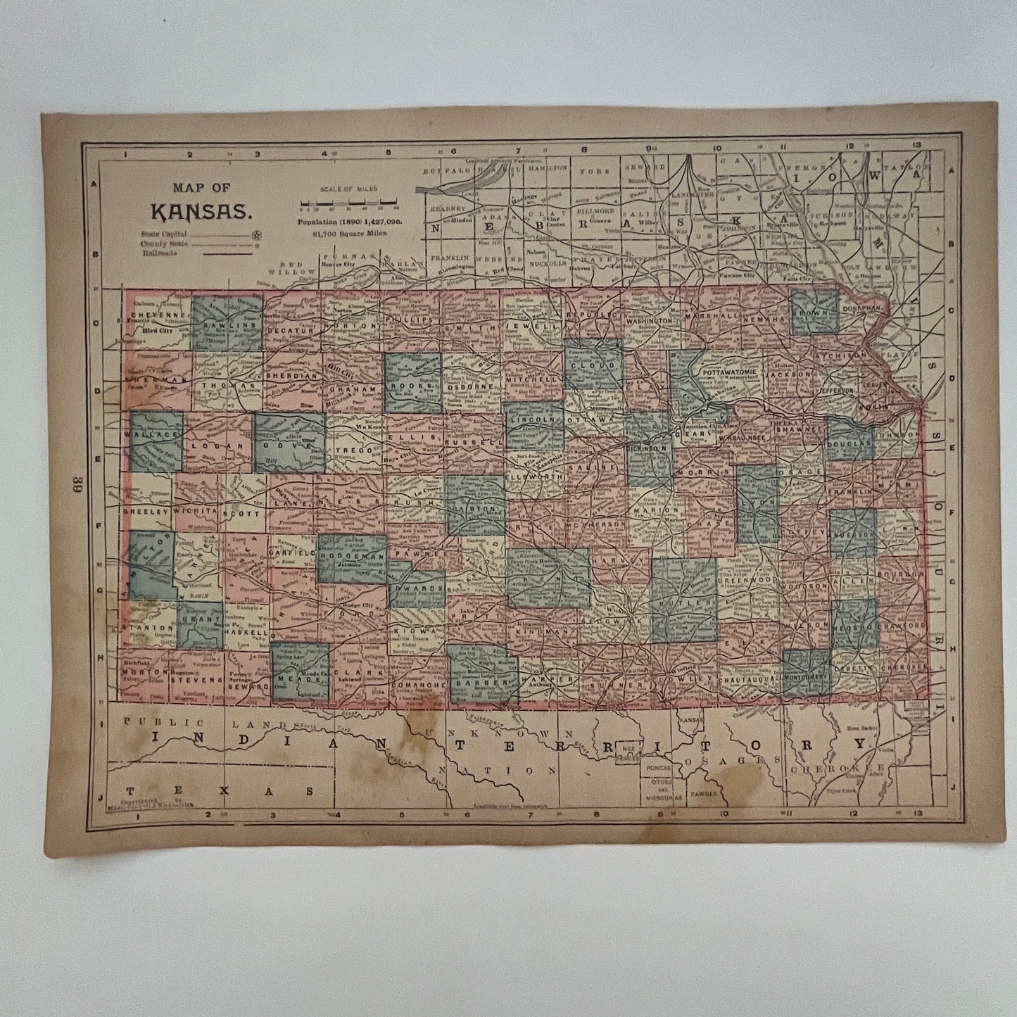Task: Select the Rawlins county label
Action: pos(226,326)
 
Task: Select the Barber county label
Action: pos(482,682)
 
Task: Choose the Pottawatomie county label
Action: pos(728,369)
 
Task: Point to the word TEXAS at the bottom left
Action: pos(217,790)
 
